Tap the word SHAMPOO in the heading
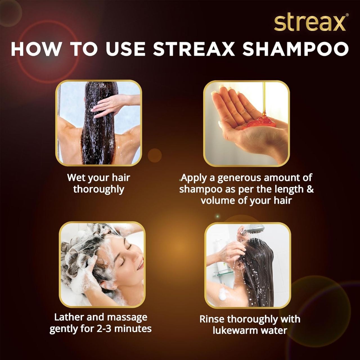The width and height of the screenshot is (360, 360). [296, 49]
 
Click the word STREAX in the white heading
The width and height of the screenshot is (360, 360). [194, 49]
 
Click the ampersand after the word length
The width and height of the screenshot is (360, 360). [310, 189]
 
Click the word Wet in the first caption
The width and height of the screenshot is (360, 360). [76, 177]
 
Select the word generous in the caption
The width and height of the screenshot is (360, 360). [239, 178]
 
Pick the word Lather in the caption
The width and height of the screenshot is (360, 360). [69, 317]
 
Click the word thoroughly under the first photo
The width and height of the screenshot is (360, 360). [99, 189]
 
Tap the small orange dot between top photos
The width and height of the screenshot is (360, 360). [155, 155]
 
